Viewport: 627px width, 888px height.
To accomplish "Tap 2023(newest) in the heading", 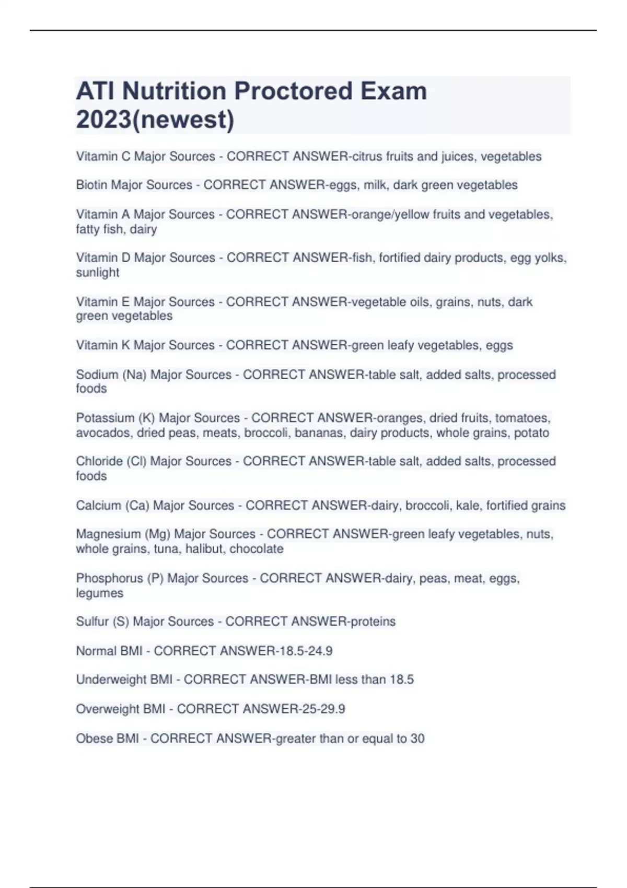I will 155,120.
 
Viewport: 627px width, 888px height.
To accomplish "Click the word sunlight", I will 98,273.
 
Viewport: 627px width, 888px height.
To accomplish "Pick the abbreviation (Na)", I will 134,375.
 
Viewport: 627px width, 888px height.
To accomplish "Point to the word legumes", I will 100,593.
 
